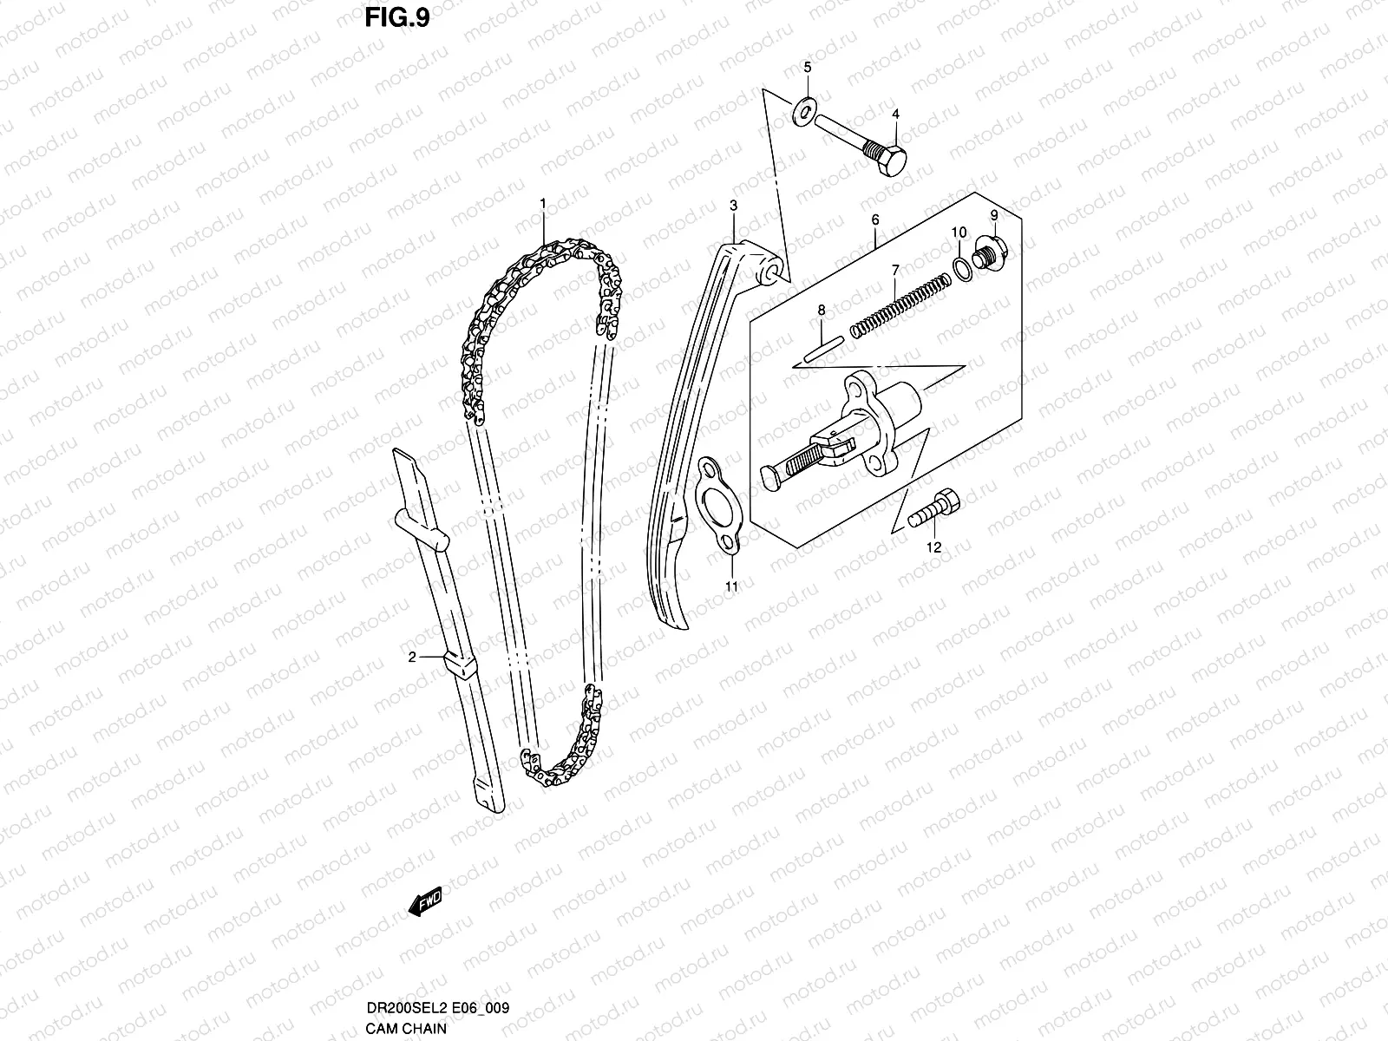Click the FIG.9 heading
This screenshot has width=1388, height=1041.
[x=396, y=18]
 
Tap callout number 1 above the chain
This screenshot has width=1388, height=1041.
[x=542, y=203]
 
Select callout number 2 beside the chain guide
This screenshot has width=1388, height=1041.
[x=414, y=657]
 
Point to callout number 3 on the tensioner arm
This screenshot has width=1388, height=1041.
[x=733, y=206]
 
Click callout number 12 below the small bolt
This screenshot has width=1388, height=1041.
[x=933, y=547]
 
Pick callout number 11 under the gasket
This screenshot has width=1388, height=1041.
[x=731, y=587]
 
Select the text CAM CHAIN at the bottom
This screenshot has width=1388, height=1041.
[x=405, y=1029]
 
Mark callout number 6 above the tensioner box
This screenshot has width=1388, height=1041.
[x=875, y=220]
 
